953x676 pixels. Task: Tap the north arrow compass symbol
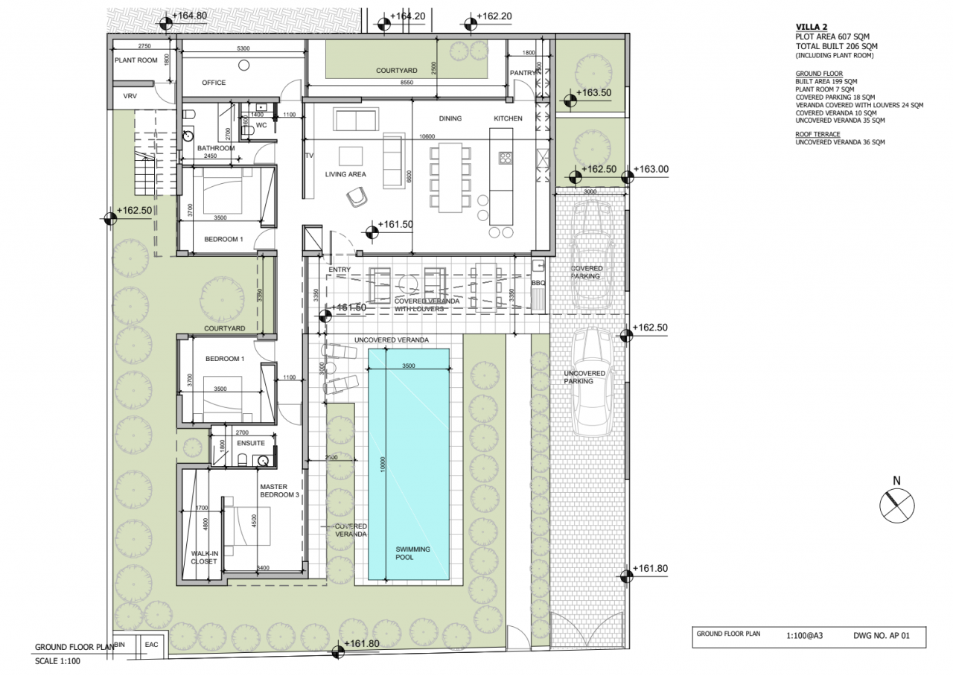tap(896, 506)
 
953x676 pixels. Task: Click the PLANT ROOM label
tap(136, 60)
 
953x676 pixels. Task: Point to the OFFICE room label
tap(214, 83)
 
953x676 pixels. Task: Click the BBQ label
tap(538, 283)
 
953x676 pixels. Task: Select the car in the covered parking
tap(592, 255)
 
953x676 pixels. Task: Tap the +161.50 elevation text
tap(395, 224)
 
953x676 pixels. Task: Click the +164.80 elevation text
tap(189, 15)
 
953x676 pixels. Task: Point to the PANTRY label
tap(523, 73)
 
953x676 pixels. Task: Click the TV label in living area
tap(308, 156)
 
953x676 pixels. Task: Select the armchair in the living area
tap(357, 196)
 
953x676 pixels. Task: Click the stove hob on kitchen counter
tap(504, 157)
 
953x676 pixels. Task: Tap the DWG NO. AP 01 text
tap(881, 637)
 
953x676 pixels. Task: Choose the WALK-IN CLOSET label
tap(204, 558)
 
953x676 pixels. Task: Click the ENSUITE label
tap(251, 443)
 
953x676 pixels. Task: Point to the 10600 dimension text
tap(427, 137)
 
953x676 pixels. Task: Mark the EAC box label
tap(152, 644)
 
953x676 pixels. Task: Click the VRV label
tap(130, 98)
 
